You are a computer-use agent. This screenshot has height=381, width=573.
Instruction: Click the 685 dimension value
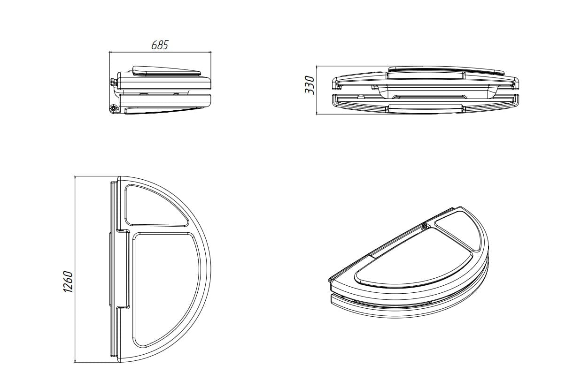[160, 45]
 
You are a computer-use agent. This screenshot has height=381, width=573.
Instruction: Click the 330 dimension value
[310, 85]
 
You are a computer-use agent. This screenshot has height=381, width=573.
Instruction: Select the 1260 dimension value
[68, 282]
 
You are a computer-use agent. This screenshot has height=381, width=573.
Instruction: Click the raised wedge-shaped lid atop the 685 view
[166, 71]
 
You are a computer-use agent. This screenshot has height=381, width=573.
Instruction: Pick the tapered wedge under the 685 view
[164, 110]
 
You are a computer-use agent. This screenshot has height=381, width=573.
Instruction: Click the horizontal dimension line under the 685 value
[160, 52]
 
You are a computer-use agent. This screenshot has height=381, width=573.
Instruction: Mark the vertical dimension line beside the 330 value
[317, 90]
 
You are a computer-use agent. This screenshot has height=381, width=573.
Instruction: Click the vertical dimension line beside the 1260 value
[75, 269]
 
